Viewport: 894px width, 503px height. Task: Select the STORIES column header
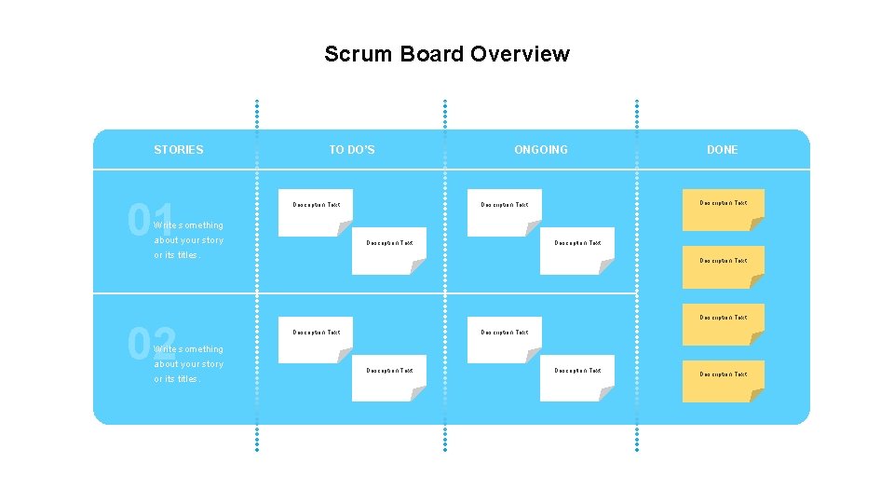178,149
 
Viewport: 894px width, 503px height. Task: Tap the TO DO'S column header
352,149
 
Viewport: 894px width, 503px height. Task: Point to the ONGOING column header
540,149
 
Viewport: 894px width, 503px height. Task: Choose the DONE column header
722,149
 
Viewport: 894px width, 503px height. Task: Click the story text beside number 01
189,239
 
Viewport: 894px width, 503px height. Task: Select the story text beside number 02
189,364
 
